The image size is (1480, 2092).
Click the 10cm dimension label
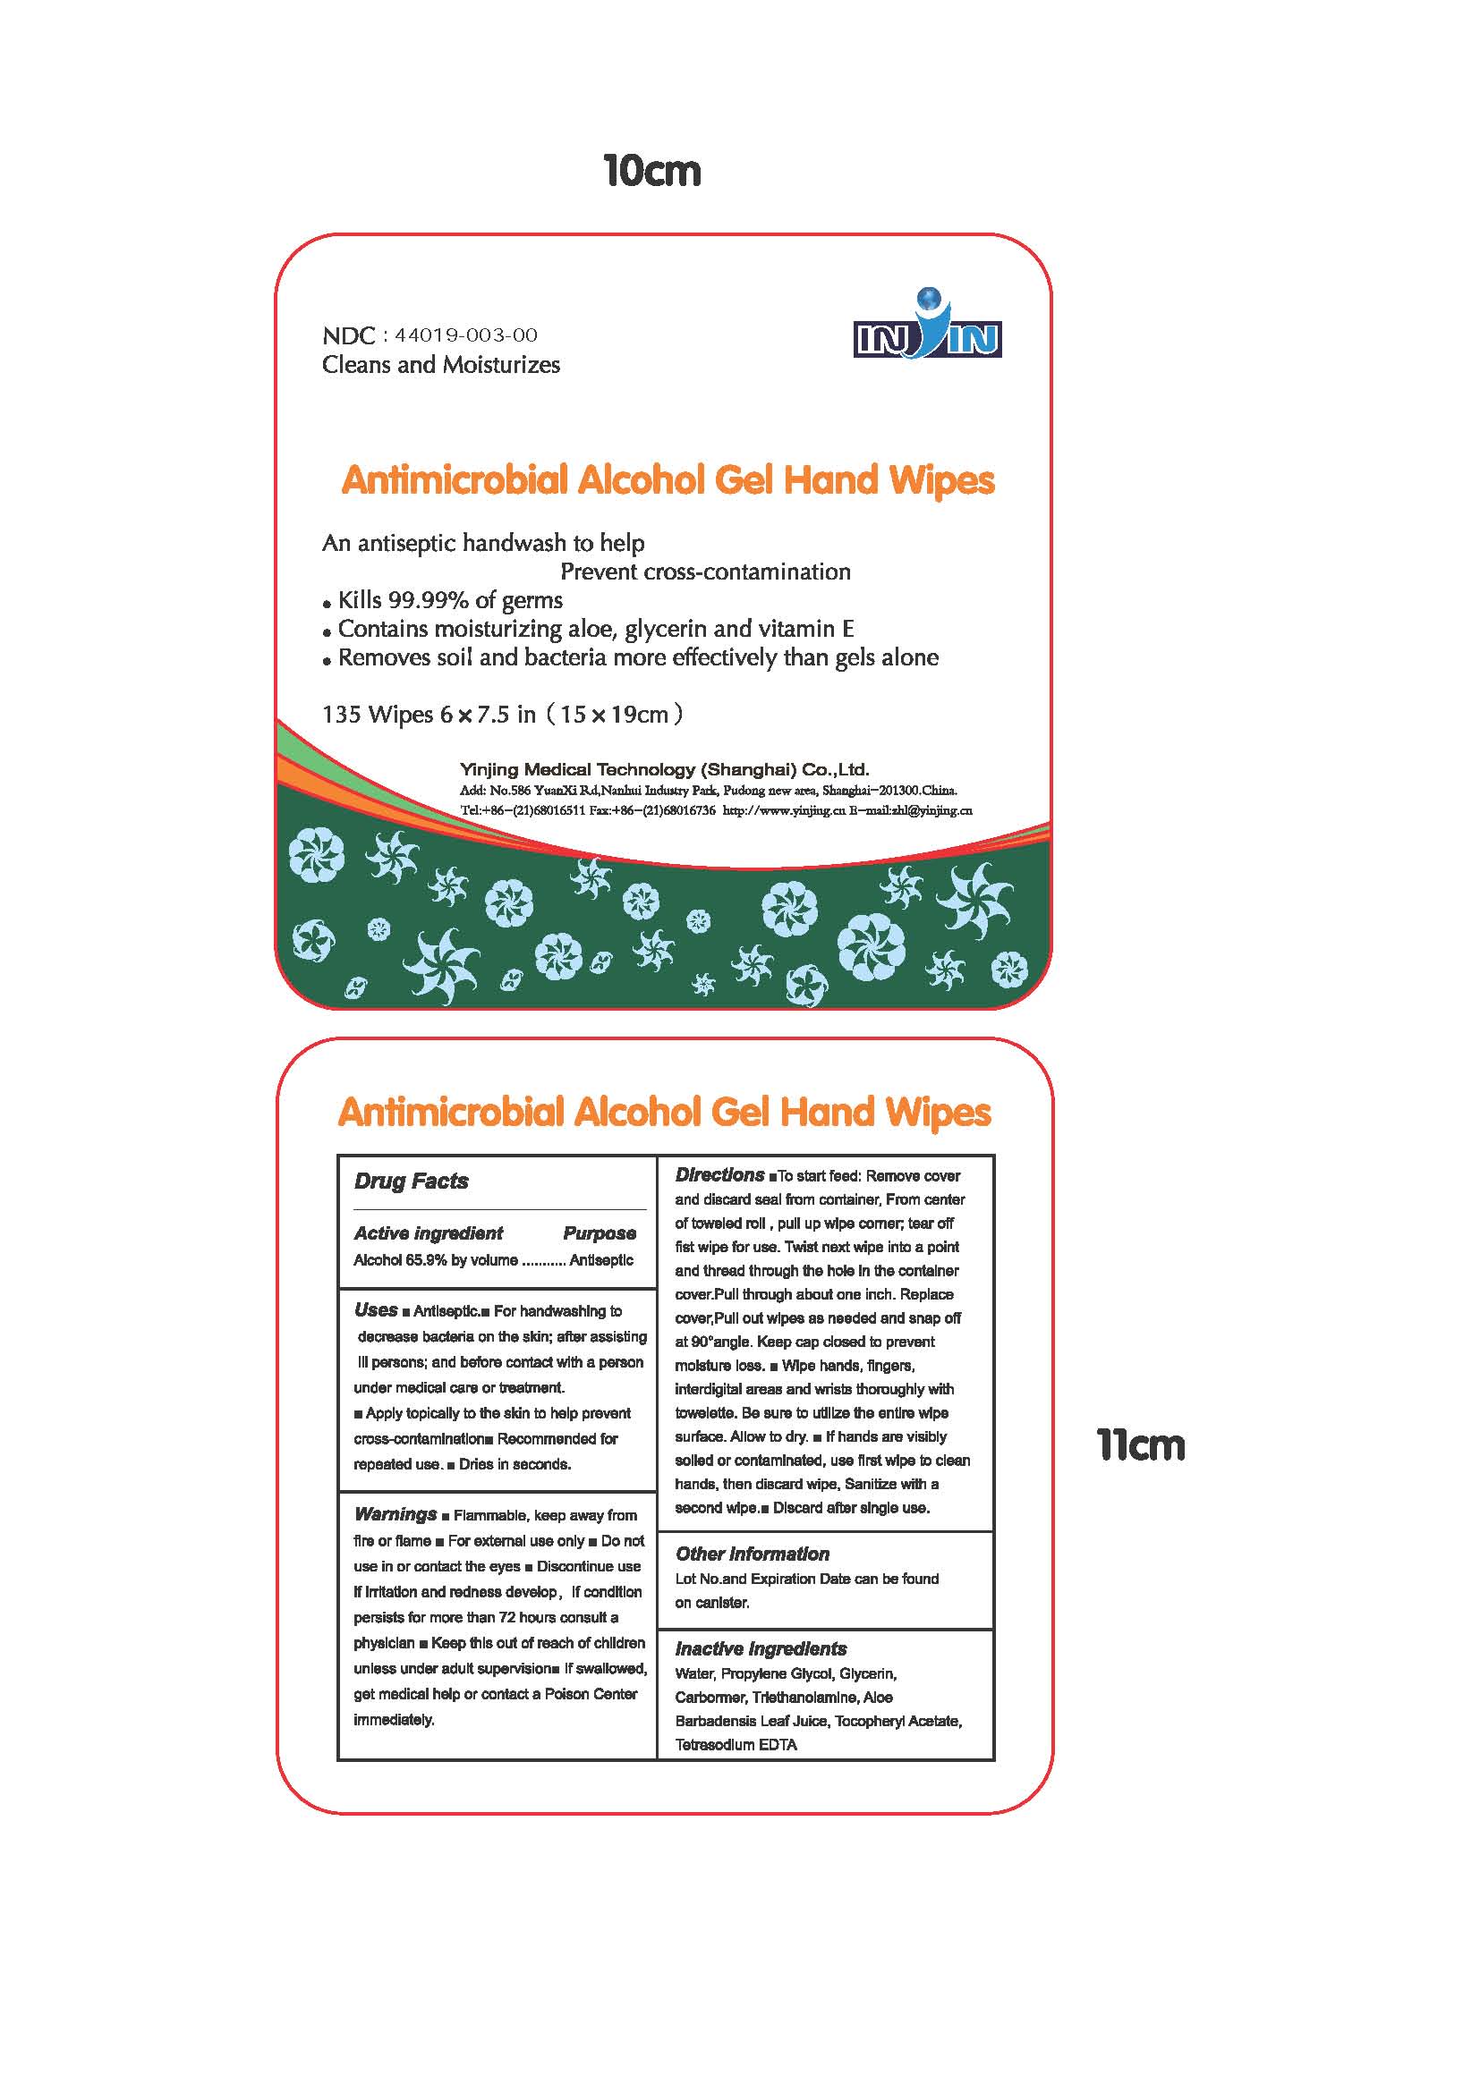pos(651,173)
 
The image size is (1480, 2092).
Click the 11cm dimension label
pos(1141,1446)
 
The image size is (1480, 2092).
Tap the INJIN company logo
pos(927,326)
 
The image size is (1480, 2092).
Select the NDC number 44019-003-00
pos(465,336)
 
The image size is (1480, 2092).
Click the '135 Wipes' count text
pos(378,715)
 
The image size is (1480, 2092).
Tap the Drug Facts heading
pos(411,1182)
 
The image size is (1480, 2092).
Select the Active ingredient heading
pos(429,1233)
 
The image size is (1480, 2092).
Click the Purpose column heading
pos(600,1233)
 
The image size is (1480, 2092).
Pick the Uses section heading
pos(376,1310)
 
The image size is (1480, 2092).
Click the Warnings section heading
pos(396,1514)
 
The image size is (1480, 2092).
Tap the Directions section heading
pos(719,1175)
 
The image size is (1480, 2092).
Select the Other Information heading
pos(752,1554)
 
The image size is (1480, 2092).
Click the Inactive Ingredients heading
pos(760,1649)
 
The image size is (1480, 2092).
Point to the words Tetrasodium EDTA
pos(736,1745)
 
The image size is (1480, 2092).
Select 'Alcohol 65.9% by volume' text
pos(436,1260)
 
